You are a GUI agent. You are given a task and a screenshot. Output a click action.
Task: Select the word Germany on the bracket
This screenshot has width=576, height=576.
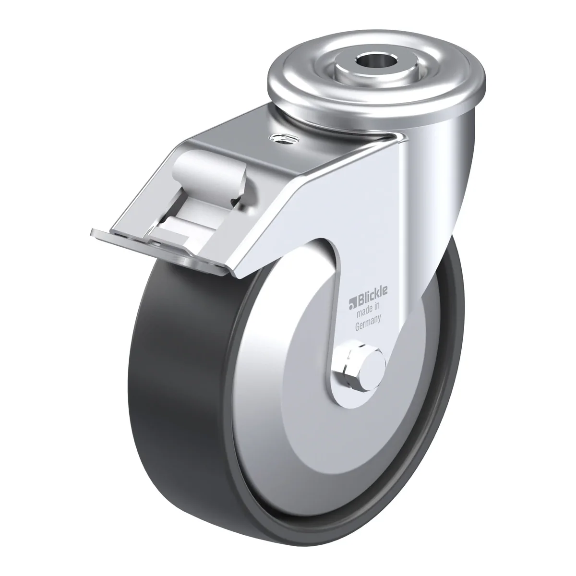(x=368, y=324)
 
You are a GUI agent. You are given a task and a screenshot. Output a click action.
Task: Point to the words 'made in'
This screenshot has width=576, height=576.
(x=368, y=310)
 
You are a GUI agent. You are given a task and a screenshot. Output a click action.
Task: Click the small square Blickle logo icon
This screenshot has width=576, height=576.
(x=351, y=303)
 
